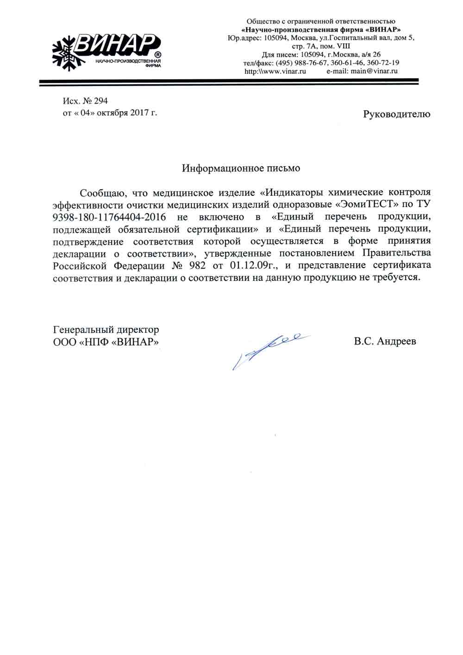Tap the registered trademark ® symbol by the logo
pyautogui.click(x=158, y=56)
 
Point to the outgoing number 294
pyautogui.click(x=100, y=101)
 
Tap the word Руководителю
pyautogui.click(x=397, y=114)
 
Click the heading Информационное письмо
pyautogui.click(x=241, y=168)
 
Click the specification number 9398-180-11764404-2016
pyautogui.click(x=109, y=217)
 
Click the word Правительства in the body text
pyautogui.click(x=396, y=253)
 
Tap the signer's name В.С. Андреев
pyautogui.click(x=385, y=342)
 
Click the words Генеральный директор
pyautogui.click(x=106, y=330)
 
